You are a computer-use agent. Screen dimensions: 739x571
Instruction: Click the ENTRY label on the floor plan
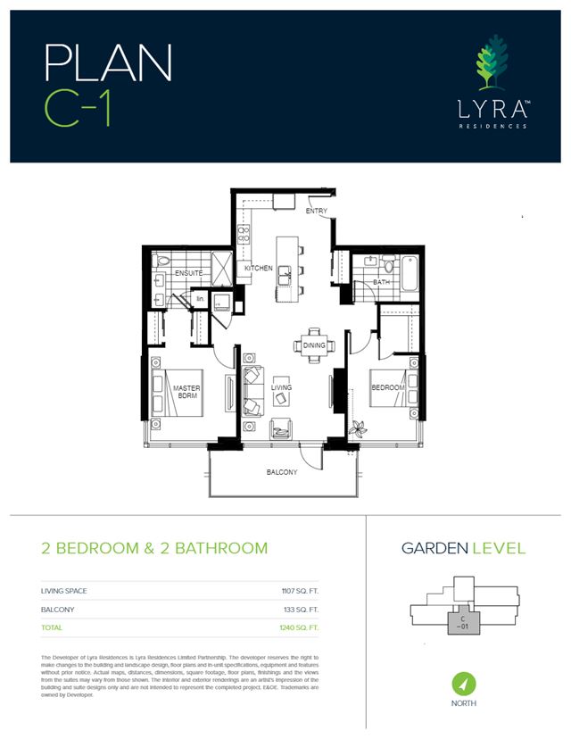click(316, 212)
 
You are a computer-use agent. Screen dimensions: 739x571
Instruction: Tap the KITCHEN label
click(258, 269)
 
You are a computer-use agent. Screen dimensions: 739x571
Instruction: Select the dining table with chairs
click(313, 344)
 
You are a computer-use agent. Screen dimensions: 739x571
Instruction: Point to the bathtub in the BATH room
click(410, 273)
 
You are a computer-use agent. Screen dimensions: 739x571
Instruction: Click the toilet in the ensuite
click(161, 262)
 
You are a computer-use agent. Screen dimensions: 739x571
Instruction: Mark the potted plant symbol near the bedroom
click(359, 427)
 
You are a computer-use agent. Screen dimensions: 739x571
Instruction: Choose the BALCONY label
click(281, 472)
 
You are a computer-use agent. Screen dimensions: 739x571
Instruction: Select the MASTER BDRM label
click(186, 393)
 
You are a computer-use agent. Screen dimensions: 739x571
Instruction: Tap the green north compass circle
click(463, 684)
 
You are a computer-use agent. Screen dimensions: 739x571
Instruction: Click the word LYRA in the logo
click(488, 112)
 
